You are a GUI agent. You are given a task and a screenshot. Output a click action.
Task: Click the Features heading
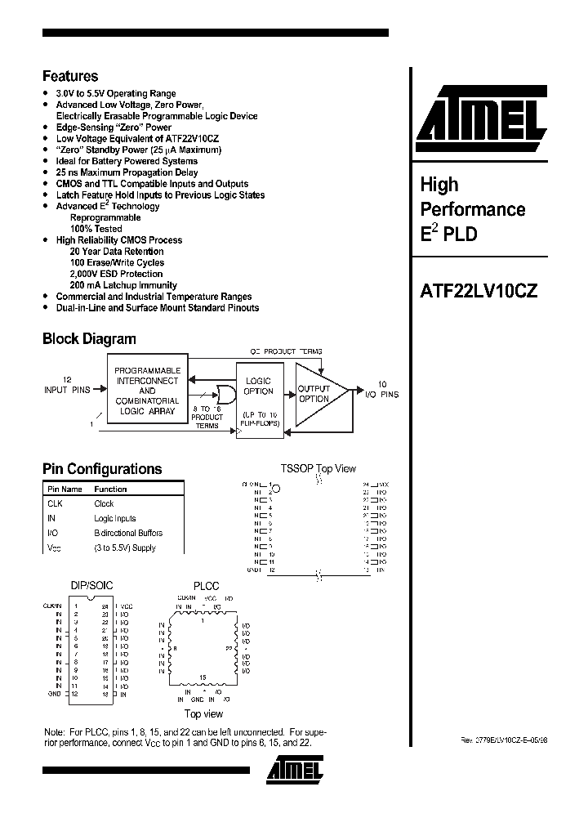point(70,76)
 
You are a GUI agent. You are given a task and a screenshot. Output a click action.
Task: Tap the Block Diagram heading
point(89,338)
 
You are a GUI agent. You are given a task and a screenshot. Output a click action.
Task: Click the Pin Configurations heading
point(102,469)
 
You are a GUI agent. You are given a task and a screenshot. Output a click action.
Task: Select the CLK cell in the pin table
point(55,503)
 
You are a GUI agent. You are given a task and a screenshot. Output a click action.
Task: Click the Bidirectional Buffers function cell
point(127,533)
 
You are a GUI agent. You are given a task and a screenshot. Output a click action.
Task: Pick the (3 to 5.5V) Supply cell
point(124,548)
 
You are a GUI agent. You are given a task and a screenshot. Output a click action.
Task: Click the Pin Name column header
point(65,489)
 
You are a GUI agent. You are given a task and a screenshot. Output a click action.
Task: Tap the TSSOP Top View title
point(318,468)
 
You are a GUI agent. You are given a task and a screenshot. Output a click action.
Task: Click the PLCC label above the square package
point(206,585)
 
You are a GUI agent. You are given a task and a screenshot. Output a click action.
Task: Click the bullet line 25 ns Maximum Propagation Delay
point(127,172)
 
